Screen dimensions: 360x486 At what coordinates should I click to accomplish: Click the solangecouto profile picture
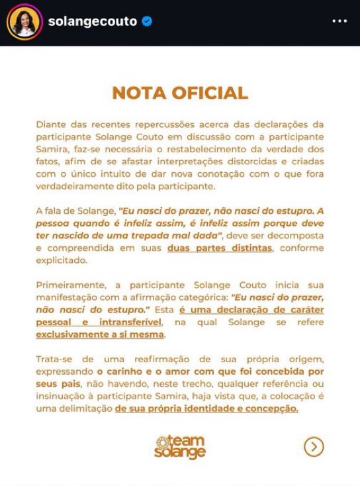(x=24, y=22)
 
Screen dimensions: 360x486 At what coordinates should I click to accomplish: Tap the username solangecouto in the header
(x=92, y=22)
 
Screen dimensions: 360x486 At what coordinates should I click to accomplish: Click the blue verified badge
(x=146, y=22)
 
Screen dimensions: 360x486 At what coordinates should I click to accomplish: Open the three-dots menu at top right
(x=339, y=22)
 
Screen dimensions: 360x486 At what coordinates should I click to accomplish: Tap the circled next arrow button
(x=314, y=447)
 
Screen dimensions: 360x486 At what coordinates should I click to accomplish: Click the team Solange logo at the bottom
(x=180, y=447)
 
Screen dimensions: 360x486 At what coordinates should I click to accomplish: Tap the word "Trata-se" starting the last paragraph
(x=54, y=358)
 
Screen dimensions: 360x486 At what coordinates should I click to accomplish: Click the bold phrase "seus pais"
(x=60, y=385)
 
